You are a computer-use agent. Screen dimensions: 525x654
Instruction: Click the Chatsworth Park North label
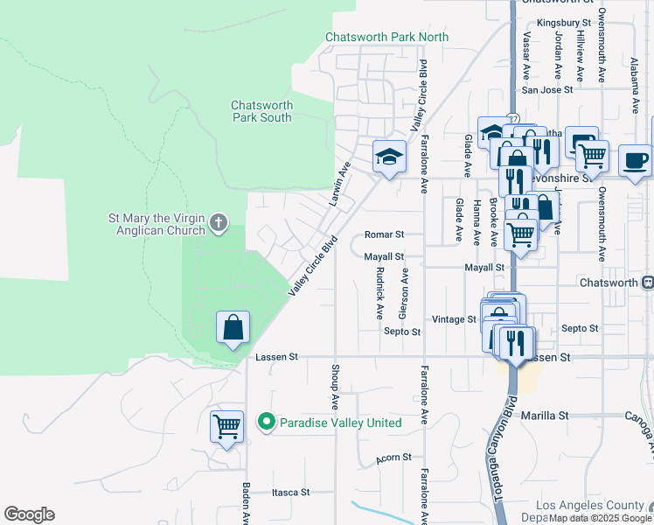pos(386,37)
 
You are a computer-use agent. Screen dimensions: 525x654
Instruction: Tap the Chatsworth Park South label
pos(261,111)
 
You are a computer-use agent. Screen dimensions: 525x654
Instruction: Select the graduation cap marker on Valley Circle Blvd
pos(389,157)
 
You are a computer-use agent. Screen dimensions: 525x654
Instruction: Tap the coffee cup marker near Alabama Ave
pos(635,161)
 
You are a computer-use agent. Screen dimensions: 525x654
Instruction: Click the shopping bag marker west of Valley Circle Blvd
pos(233,328)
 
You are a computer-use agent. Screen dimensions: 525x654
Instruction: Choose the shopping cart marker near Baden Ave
pos(226,427)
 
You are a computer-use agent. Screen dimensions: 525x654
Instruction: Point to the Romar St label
pos(384,235)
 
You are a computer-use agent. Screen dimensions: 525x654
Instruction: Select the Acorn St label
pos(393,458)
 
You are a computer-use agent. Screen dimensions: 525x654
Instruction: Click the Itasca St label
pos(290,493)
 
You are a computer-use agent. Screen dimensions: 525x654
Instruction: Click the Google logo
pos(29,514)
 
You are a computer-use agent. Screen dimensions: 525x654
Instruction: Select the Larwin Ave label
pos(339,184)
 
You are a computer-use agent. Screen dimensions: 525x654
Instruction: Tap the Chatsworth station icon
pos(648,283)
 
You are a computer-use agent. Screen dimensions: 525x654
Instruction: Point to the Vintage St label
pos(453,319)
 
